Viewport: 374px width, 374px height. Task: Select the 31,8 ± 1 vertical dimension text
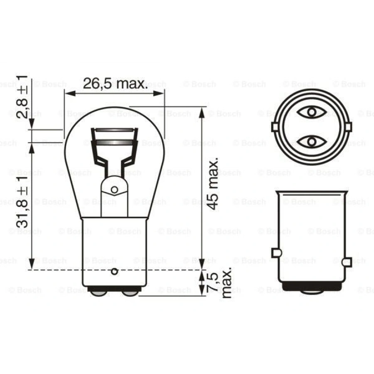pyautogui.click(x=22, y=201)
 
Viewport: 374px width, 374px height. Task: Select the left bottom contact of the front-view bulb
pyautogui.click(x=98, y=293)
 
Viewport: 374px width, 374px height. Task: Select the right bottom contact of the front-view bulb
pyautogui.click(x=130, y=293)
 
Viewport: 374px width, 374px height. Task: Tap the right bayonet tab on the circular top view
pyautogui.click(x=348, y=127)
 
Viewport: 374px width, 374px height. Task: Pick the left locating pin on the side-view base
pyautogui.click(x=276, y=252)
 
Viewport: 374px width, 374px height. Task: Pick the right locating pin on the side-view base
pyautogui.click(x=347, y=262)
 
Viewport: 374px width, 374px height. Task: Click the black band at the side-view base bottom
pyautogui.click(x=312, y=286)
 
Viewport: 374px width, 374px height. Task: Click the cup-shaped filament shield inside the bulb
pyautogui.click(x=114, y=143)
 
